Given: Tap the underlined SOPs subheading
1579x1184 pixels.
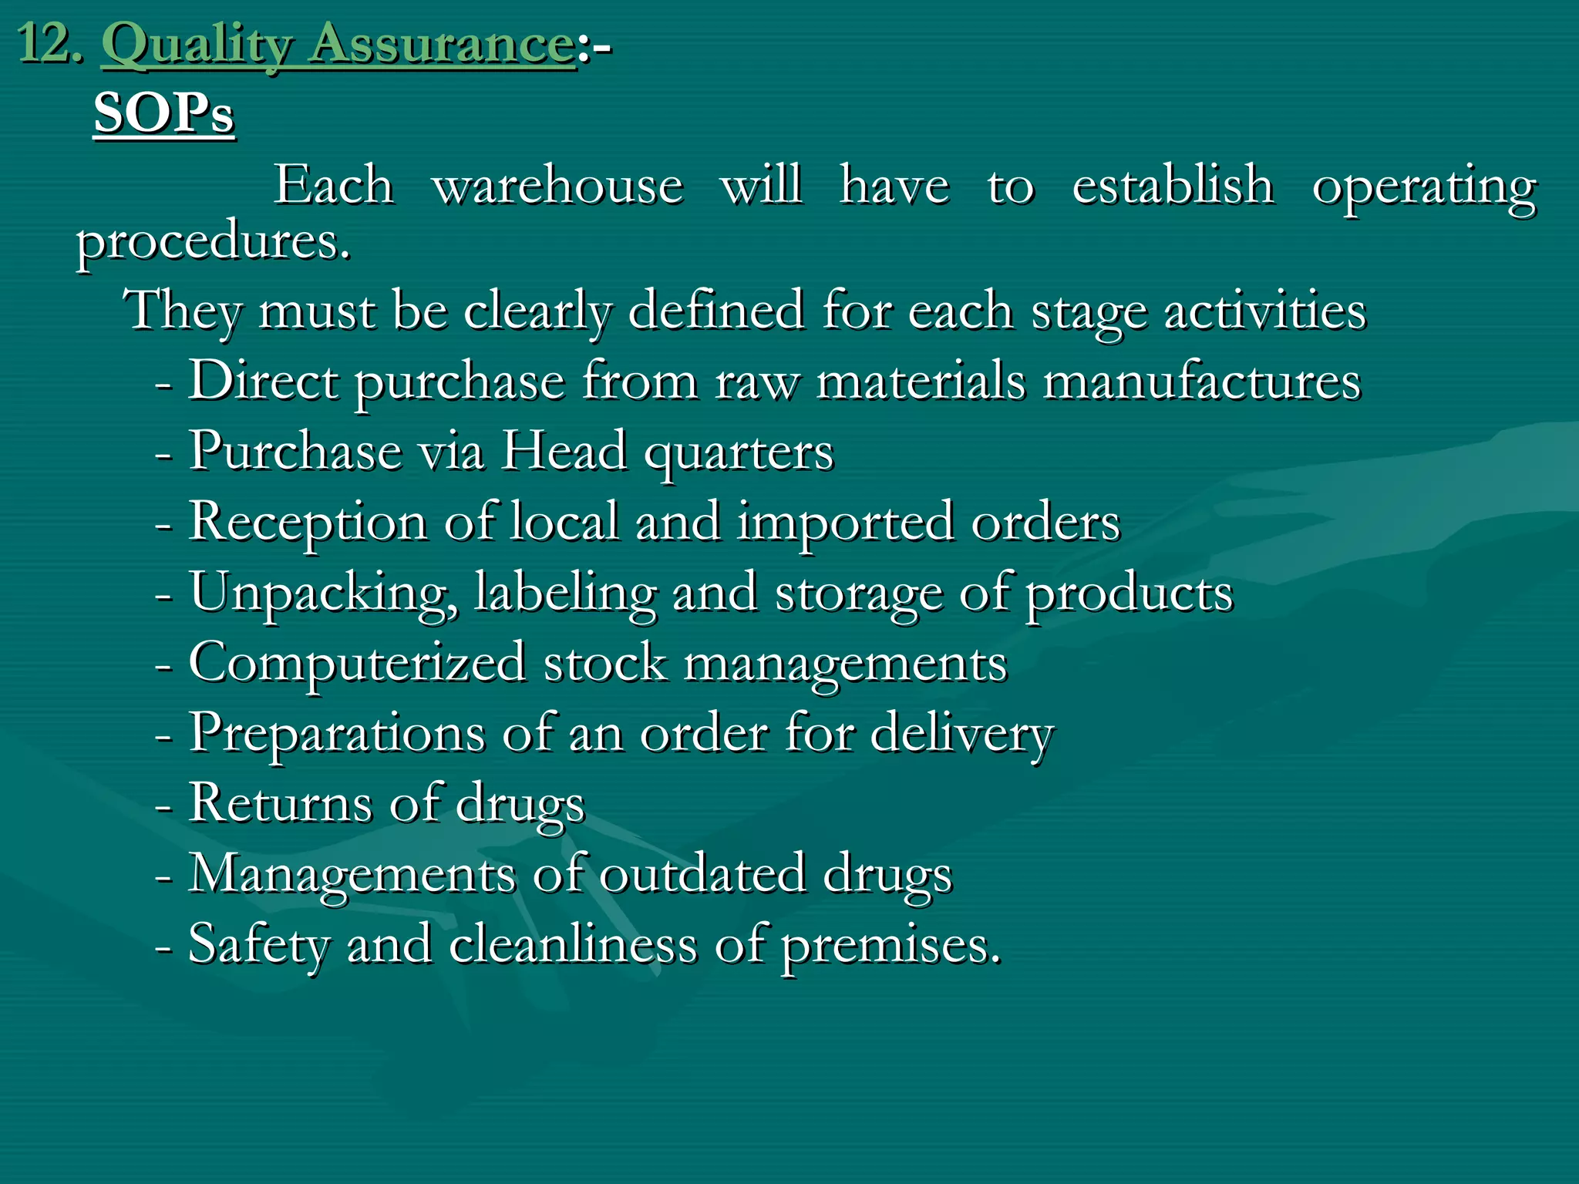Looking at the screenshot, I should (163, 114).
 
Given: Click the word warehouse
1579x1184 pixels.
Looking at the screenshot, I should (557, 186).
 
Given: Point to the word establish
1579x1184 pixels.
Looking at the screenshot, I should (1173, 186).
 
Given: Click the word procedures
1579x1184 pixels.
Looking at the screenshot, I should (213, 243).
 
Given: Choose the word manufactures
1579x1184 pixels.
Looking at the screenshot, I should (1202, 382).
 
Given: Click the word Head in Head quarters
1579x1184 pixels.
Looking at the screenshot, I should (564, 451).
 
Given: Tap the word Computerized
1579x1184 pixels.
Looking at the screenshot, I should (357, 664).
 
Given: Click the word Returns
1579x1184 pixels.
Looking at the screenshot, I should (281, 804).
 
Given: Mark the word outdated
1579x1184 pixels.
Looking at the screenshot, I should (702, 875).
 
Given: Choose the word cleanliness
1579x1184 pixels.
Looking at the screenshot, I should (573, 944).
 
